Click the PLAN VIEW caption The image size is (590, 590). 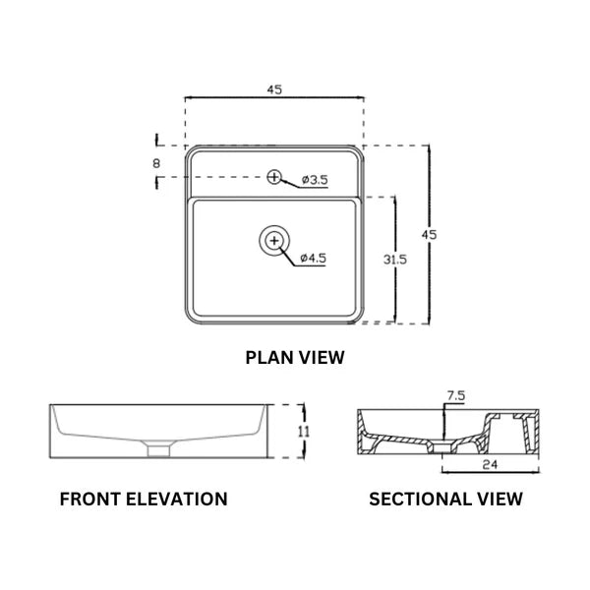coord(294,358)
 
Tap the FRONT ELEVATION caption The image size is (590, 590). coord(144,499)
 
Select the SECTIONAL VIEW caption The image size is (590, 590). coord(445,499)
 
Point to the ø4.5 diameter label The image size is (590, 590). coord(312,258)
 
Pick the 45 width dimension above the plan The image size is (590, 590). coord(274,88)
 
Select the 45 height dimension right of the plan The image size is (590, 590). coord(428,234)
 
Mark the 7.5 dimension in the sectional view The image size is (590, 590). coord(455,395)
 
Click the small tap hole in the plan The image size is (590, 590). coord(274,177)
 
